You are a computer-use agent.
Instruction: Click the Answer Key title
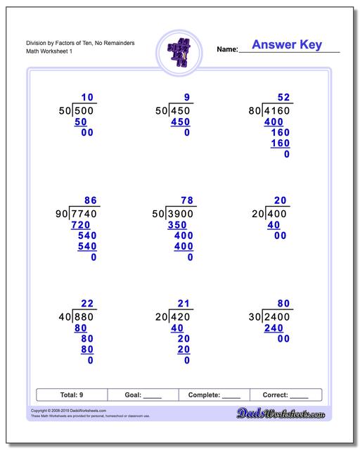click(286, 45)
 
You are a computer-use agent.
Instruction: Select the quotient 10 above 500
click(87, 97)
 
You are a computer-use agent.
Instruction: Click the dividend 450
click(181, 110)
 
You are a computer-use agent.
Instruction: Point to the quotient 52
click(283, 97)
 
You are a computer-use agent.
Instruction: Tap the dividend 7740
click(84, 213)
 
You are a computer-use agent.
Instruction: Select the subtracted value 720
click(81, 224)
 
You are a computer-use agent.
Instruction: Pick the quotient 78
click(186, 200)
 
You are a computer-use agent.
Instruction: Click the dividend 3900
click(181, 213)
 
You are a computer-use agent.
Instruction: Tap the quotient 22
click(87, 304)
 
